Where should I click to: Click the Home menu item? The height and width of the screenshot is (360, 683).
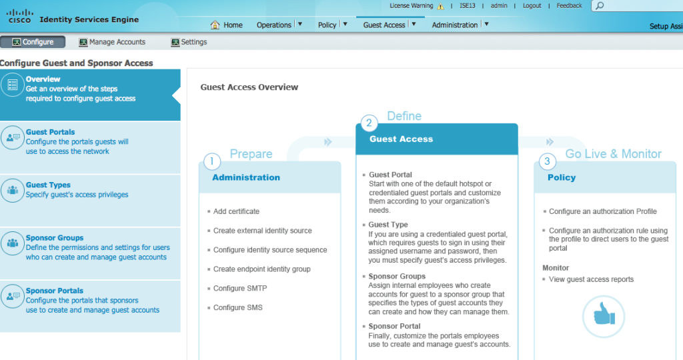[227, 25]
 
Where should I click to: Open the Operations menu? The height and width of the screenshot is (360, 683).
[274, 25]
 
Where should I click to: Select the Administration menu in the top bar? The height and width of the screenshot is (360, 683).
[455, 25]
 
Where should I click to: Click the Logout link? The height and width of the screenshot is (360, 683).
[532, 6]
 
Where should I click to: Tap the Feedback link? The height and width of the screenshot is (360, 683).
[569, 6]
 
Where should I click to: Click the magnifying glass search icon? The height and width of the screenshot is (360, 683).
[599, 6]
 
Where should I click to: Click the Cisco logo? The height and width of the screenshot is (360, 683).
[19, 16]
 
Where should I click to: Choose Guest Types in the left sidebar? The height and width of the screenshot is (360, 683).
[48, 185]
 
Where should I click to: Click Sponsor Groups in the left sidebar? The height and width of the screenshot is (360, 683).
[55, 238]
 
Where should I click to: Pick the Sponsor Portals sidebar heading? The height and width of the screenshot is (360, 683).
[55, 291]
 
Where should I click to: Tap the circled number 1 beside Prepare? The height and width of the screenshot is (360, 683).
[211, 161]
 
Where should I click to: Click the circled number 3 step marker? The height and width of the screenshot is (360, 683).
[547, 161]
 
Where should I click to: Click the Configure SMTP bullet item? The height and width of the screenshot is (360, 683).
[240, 289]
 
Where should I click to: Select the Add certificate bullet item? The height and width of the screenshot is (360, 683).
[236, 211]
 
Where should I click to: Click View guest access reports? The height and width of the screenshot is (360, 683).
[591, 279]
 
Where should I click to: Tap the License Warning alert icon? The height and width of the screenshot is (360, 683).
[440, 7]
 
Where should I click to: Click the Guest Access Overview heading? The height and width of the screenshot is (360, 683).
[249, 87]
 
